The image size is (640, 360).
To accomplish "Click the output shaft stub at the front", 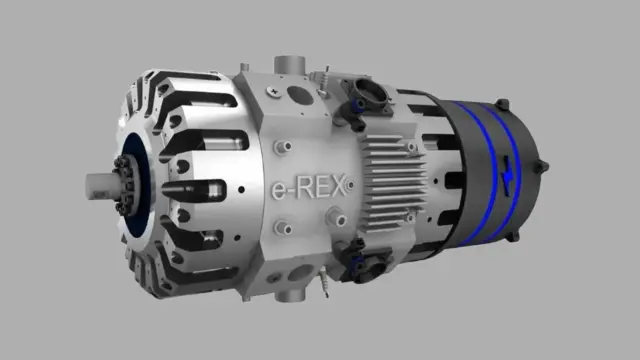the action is pyautogui.click(x=99, y=186).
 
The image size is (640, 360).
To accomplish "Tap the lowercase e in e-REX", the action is pyautogui.click(x=279, y=190).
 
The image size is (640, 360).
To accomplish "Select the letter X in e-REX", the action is pyautogui.click(x=336, y=187).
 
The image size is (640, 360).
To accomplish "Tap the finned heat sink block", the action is pyautogui.click(x=393, y=183).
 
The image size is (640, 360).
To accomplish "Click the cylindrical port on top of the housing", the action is pyautogui.click(x=289, y=65).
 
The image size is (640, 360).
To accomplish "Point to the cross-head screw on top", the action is pyautogui.click(x=273, y=92).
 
